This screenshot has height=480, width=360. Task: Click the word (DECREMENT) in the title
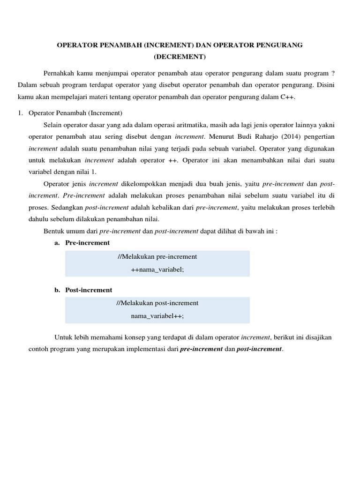(x=180, y=57)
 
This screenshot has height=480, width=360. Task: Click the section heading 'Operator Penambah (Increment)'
(x=75, y=113)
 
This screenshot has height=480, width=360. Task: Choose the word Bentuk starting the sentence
(x=53, y=231)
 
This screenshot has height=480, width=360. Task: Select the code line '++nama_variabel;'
(x=157, y=270)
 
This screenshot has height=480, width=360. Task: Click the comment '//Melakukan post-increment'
(x=157, y=303)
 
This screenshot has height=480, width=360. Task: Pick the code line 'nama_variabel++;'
(x=157, y=316)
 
